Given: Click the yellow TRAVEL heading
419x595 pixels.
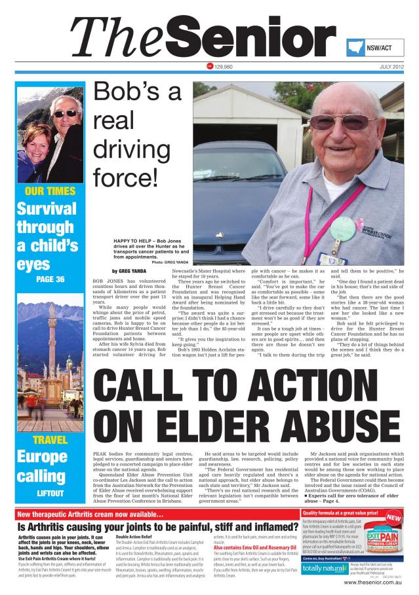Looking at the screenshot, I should [49, 440].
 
